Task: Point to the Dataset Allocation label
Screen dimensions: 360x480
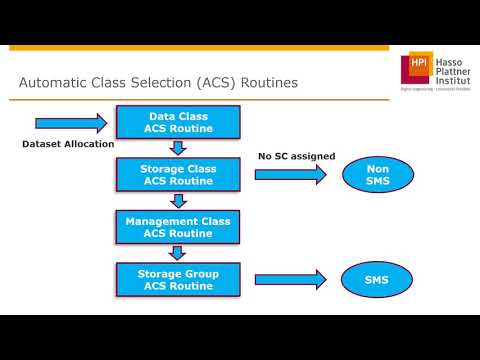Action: coord(68,144)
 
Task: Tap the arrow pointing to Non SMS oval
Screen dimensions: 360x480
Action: coord(290,175)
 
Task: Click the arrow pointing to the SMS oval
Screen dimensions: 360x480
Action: coord(290,278)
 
